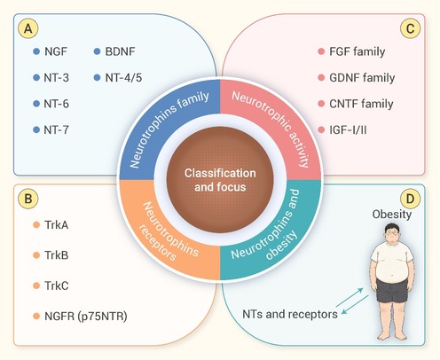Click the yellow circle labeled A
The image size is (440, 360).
pyautogui.click(x=28, y=28)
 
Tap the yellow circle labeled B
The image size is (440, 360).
pyautogui.click(x=28, y=199)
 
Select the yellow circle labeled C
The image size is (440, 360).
pyautogui.click(x=410, y=28)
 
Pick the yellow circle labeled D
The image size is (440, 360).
pyautogui.click(x=410, y=199)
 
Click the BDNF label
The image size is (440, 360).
pyautogui.click(x=120, y=51)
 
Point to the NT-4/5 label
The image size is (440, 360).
pyautogui.click(x=123, y=78)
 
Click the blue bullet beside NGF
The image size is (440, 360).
pyautogui.click(x=36, y=51)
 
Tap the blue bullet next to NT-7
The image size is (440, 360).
pyautogui.click(x=36, y=129)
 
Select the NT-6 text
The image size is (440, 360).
pyautogui.click(x=56, y=104)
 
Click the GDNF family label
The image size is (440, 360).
pyautogui.click(x=362, y=78)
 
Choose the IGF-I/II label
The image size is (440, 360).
pyautogui.click(x=348, y=129)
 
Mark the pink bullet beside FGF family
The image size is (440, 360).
pyautogui.click(x=321, y=51)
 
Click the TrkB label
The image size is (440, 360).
pyautogui.click(x=56, y=255)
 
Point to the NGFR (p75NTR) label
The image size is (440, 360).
pyautogui.click(x=86, y=316)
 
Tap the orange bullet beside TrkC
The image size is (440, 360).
pyautogui.click(x=36, y=286)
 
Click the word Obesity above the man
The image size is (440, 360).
pyautogui.click(x=392, y=215)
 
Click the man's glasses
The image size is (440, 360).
pyautogui.click(x=393, y=232)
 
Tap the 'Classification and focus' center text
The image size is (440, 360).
pyautogui.click(x=220, y=180)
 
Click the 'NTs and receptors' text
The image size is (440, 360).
pyautogui.click(x=290, y=314)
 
